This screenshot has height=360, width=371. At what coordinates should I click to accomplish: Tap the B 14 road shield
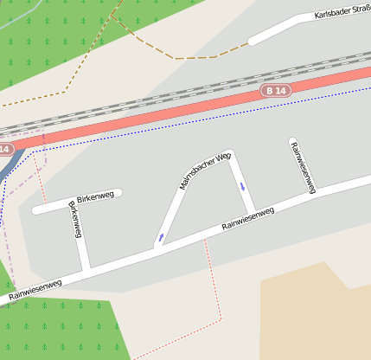(x=277, y=90)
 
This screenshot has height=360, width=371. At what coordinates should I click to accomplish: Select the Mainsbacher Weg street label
(x=201, y=167)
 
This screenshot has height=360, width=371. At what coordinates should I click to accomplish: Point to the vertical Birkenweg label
(x=74, y=219)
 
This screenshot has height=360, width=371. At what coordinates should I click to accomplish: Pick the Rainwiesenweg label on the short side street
(x=303, y=164)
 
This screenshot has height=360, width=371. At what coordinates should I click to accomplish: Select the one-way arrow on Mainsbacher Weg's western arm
(x=160, y=236)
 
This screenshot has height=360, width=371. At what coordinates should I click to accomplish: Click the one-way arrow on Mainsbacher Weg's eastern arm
(x=243, y=185)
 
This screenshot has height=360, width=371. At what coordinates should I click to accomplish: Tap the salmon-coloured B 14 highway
(x=173, y=112)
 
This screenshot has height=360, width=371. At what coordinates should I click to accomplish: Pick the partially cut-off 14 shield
(x=4, y=149)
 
